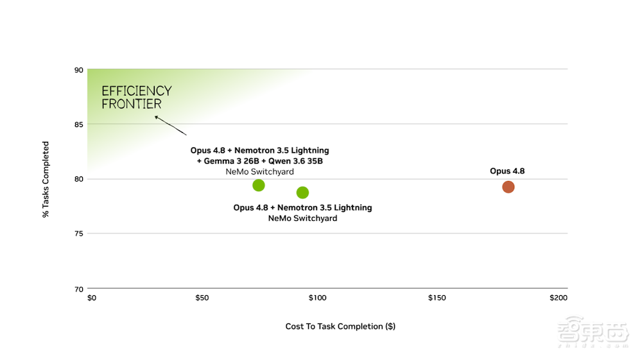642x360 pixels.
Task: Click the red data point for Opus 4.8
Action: coord(508,187)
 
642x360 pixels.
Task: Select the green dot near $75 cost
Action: coord(258,185)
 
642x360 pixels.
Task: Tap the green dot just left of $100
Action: coord(302,193)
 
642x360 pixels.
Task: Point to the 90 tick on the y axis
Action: coord(78,70)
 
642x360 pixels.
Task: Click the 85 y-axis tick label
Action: coord(78,124)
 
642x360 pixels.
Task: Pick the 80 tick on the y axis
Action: coord(78,179)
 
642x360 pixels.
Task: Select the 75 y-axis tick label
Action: coord(78,234)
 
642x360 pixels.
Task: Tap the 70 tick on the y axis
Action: coord(78,289)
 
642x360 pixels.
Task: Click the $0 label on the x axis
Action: coord(92,298)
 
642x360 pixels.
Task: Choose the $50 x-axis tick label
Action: coord(202,298)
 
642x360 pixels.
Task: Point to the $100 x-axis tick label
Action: coord(317,298)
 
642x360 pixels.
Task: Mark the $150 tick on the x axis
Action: coord(437,298)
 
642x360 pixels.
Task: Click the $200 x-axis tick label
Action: coord(559,298)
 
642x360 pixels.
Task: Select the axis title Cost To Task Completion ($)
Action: coord(340,327)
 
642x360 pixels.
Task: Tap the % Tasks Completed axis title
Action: coord(46,179)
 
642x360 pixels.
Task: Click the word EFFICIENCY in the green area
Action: coord(137,91)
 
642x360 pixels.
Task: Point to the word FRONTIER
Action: coord(132,104)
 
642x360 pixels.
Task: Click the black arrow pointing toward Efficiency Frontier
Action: coord(170,126)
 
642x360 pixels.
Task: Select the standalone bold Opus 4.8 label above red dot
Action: coord(507,171)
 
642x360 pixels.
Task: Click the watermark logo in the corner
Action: coord(593,331)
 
